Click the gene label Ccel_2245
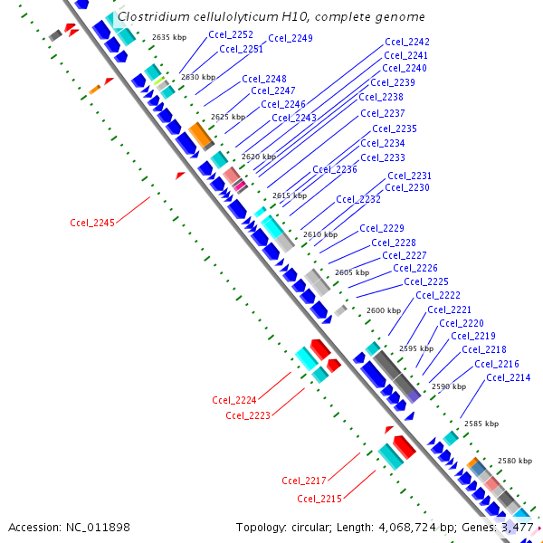(92, 223)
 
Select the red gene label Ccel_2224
(234, 400)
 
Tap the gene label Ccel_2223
(248, 415)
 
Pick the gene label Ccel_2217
(304, 481)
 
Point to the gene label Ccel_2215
(319, 499)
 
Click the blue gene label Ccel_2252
(231, 34)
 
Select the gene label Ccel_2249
(291, 38)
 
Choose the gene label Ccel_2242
(407, 42)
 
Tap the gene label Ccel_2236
(335, 169)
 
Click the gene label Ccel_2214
(509, 377)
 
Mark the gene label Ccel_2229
(382, 228)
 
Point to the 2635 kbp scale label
(169, 37)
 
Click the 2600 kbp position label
(383, 310)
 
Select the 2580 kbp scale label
(514, 461)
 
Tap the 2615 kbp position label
(290, 195)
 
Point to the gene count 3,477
(518, 527)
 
